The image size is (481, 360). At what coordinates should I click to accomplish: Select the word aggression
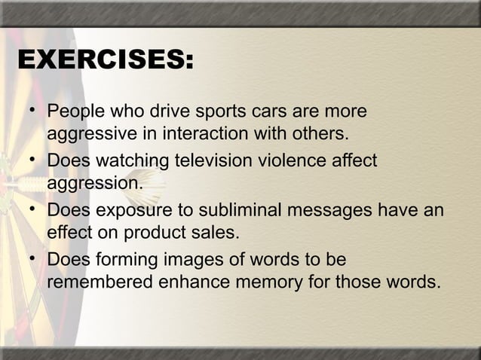(x=93, y=185)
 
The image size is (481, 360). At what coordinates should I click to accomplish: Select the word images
(x=189, y=261)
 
